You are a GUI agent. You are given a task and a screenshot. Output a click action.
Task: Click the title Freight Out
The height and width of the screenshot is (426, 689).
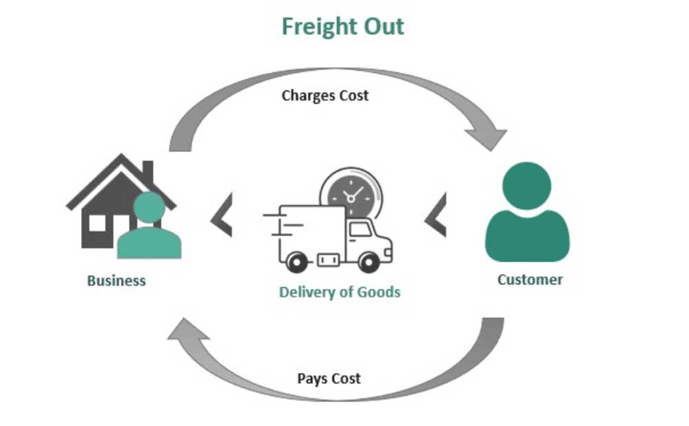click(342, 27)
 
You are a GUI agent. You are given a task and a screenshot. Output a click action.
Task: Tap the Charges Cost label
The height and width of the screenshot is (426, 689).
click(325, 96)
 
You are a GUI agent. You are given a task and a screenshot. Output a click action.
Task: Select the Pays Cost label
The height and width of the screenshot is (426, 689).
click(329, 379)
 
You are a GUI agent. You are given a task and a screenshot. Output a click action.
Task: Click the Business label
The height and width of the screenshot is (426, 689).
click(116, 281)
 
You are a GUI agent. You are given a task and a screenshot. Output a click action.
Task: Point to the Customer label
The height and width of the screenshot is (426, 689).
click(530, 279)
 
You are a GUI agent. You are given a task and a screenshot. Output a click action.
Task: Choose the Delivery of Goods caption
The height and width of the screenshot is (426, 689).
click(339, 292)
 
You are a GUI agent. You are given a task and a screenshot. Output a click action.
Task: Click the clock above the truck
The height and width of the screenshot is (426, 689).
click(350, 195)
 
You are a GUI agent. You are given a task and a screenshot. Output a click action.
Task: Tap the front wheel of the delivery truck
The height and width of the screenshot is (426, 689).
click(369, 262)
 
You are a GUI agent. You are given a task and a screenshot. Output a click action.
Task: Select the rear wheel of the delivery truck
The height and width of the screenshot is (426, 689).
click(296, 262)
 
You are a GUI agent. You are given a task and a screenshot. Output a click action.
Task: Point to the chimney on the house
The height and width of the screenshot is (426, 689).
click(147, 171)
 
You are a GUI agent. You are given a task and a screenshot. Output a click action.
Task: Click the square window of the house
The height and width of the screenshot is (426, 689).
click(98, 223)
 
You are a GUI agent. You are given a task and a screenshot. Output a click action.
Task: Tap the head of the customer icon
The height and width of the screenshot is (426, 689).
click(527, 184)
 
